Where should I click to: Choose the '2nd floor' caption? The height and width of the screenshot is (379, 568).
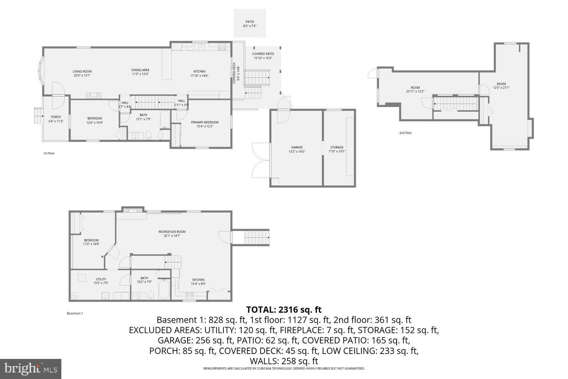click(x=405, y=133)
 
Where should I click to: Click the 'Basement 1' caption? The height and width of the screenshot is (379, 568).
click(x=75, y=313)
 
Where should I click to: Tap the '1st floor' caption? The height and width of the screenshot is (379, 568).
click(x=49, y=153)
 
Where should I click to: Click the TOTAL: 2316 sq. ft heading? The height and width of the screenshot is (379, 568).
click(x=284, y=309)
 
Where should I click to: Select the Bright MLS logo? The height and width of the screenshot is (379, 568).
click(x=31, y=368)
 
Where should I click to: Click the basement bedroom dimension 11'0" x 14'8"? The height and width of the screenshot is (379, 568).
click(x=91, y=244)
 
